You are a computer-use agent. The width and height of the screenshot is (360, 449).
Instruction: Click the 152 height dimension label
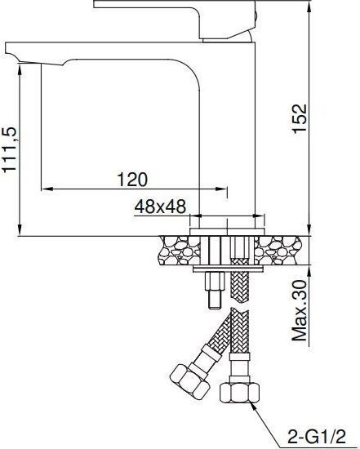tap(300, 118)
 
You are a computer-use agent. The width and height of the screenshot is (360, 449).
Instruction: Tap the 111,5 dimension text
tap(10, 149)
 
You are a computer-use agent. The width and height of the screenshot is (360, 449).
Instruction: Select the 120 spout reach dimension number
tap(132, 180)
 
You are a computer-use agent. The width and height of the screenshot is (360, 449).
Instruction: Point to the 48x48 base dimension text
tap(160, 207)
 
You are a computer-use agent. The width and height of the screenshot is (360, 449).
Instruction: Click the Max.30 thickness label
tap(300, 310)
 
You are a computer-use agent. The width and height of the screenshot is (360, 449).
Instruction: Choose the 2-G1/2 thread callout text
tap(317, 438)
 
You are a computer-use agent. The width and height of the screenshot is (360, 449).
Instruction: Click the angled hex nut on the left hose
tap(189, 382)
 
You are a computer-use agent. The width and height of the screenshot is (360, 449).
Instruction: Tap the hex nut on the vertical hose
tap(239, 393)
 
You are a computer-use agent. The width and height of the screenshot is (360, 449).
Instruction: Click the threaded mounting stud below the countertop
tap(214, 290)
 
